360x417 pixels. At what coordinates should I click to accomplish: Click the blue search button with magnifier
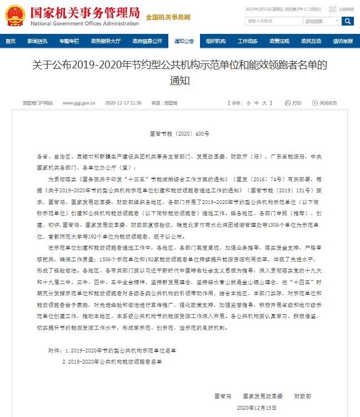tap(348, 21)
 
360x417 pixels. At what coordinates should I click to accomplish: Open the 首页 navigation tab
tap(10, 41)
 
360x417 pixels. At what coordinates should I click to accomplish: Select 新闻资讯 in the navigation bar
tap(37, 41)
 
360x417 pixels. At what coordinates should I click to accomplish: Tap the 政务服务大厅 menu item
tap(106, 41)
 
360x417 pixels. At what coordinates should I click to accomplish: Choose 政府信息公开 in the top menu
tap(147, 41)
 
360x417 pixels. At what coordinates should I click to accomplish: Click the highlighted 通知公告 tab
tap(184, 41)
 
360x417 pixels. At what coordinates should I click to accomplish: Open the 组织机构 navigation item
tap(216, 41)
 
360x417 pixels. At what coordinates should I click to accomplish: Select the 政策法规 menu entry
tap(279, 41)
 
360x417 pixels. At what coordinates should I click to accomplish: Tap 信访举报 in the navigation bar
tap(343, 41)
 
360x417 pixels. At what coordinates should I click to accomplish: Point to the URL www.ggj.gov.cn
tap(79, 103)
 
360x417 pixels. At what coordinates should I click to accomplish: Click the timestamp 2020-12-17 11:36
tap(123, 103)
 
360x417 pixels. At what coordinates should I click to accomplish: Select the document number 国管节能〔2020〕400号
tap(180, 134)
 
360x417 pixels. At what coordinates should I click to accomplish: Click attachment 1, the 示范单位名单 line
tap(119, 350)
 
